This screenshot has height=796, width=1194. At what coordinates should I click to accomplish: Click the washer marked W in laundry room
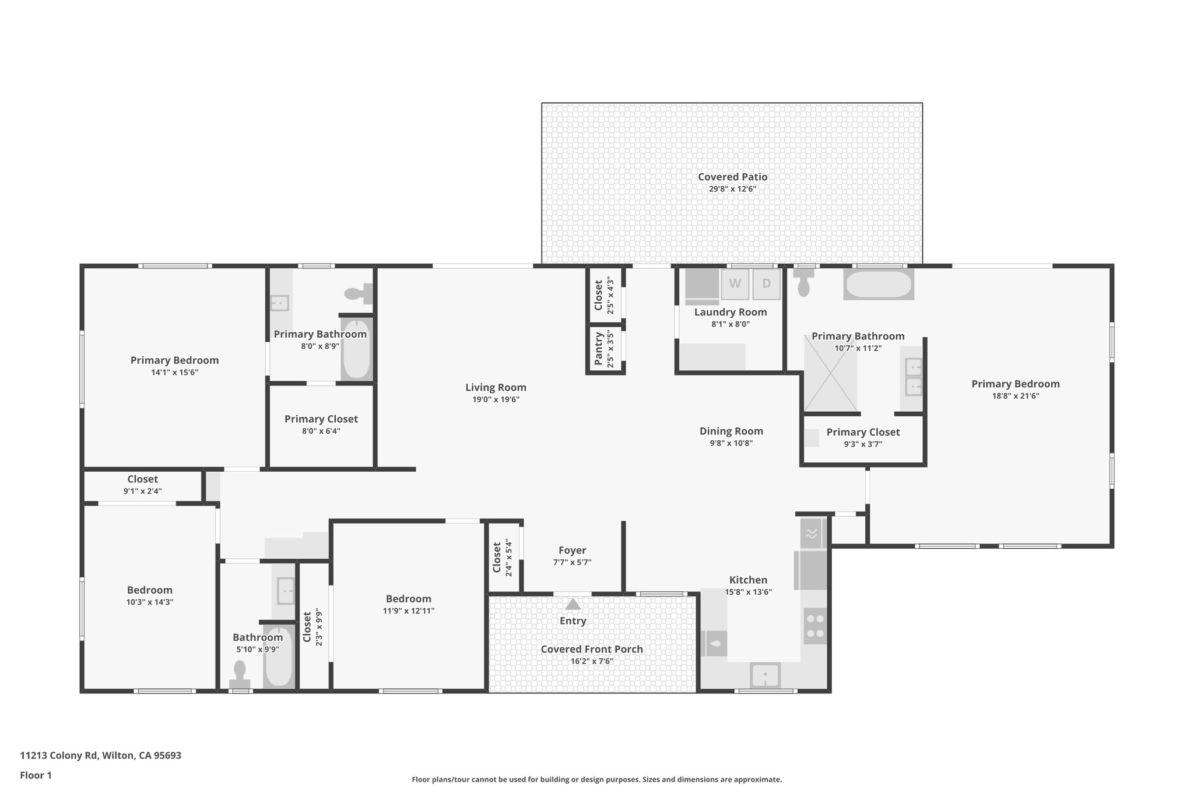pyautogui.click(x=735, y=284)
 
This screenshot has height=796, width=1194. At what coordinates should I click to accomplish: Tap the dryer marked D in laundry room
pyautogui.click(x=766, y=284)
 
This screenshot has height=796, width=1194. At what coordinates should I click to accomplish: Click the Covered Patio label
pyautogui.click(x=732, y=177)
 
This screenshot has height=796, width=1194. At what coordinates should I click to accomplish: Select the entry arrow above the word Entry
pyautogui.click(x=573, y=604)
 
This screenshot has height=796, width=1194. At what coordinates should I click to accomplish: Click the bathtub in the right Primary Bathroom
pyautogui.click(x=878, y=285)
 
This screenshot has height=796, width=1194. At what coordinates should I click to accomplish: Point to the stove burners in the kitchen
pyautogui.click(x=815, y=626)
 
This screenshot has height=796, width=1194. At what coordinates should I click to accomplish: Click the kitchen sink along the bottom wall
pyautogui.click(x=765, y=676)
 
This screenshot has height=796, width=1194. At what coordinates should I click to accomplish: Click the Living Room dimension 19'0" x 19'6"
pyautogui.click(x=496, y=399)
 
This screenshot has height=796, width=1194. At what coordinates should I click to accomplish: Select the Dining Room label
pyautogui.click(x=731, y=431)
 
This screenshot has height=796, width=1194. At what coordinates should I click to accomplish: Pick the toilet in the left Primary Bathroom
pyautogui.click(x=357, y=293)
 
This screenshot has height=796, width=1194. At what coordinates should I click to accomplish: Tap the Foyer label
pyautogui.click(x=572, y=550)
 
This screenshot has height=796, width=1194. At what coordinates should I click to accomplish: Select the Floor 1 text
pyautogui.click(x=36, y=775)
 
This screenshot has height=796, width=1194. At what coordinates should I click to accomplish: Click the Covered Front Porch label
pyautogui.click(x=591, y=649)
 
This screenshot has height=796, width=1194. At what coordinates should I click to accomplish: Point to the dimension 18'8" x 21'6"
pyautogui.click(x=1015, y=396)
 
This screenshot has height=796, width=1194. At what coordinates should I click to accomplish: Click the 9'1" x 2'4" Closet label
pyautogui.click(x=142, y=479)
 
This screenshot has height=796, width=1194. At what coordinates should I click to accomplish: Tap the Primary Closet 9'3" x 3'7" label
pyautogui.click(x=863, y=432)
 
